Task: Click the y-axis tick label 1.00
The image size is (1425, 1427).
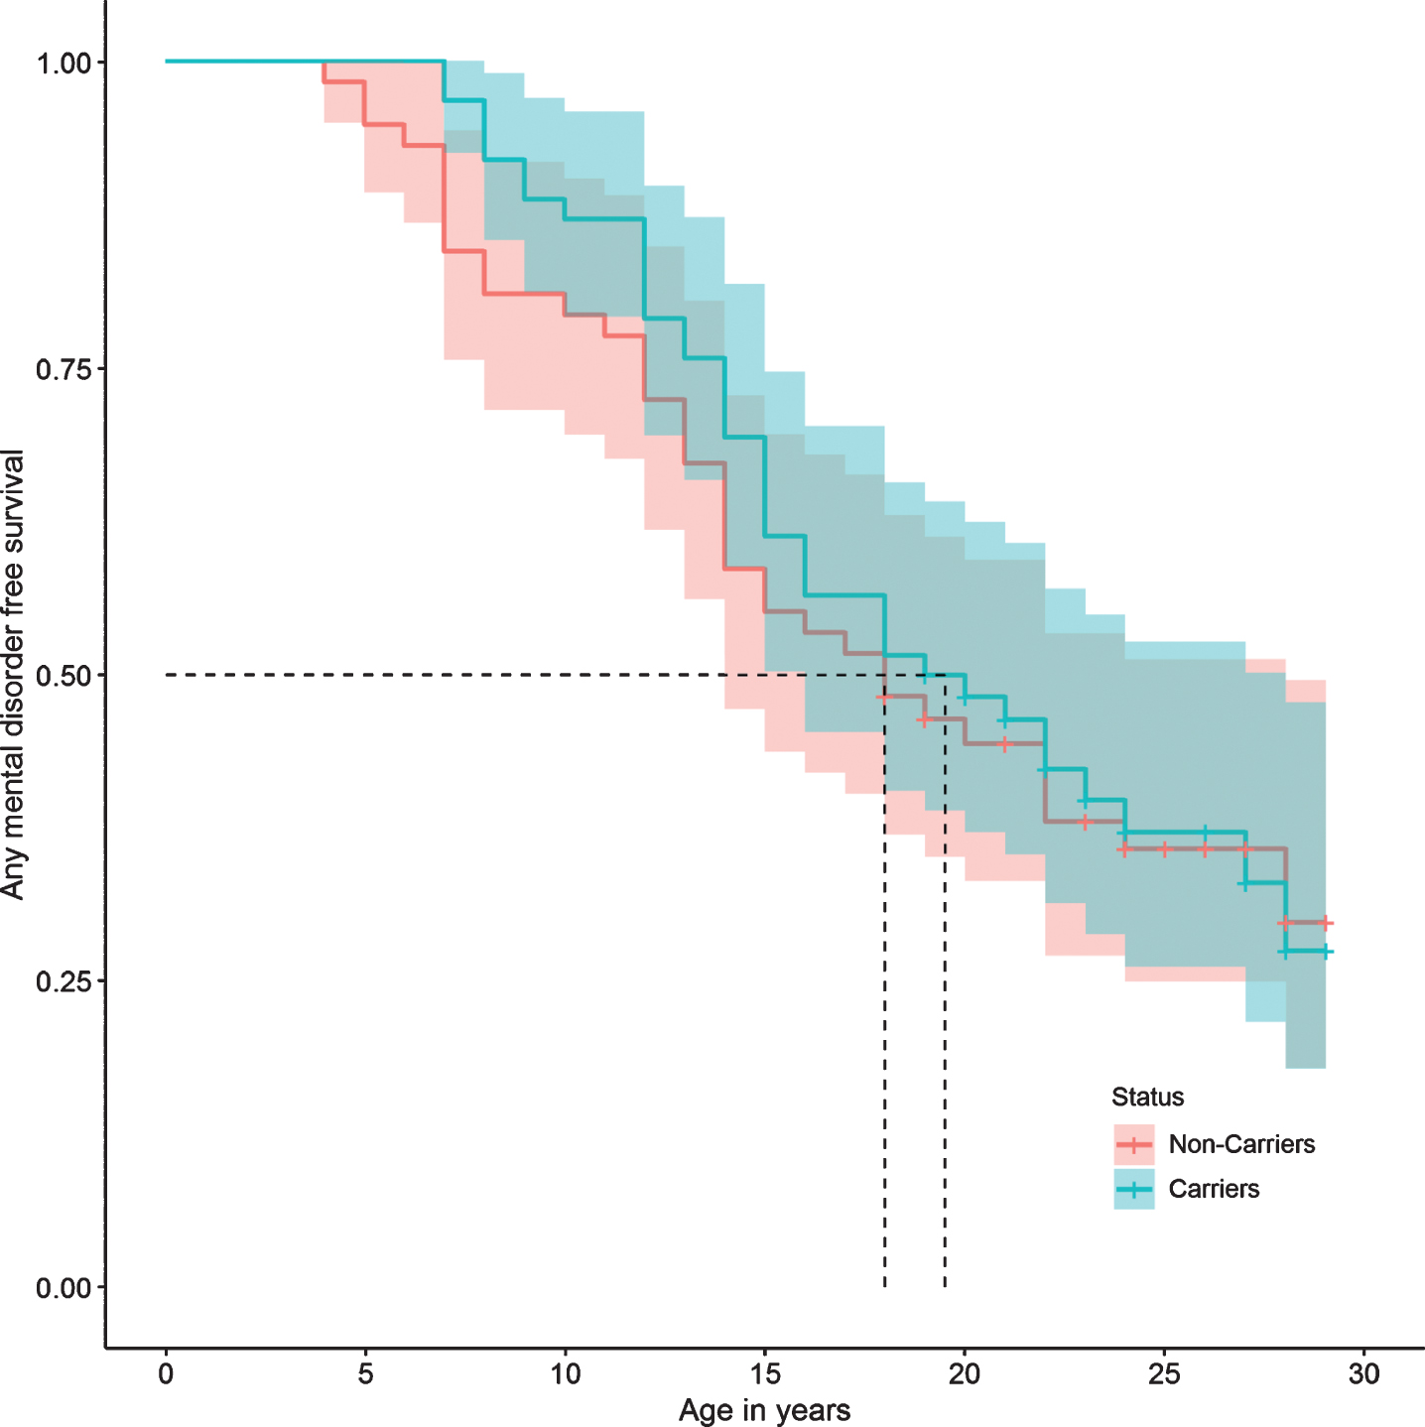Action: pos(64,63)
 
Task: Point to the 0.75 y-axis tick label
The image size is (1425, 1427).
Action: pos(64,369)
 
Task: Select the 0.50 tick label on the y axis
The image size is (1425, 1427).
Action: pos(64,676)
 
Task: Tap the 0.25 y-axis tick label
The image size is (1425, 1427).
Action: pos(64,981)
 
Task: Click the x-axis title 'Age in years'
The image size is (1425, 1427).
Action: pos(764,1411)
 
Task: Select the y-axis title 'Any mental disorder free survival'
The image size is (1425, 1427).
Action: pos(13,675)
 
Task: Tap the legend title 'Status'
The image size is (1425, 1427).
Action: pos(1147,1097)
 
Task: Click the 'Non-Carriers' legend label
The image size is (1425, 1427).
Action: pos(1241,1145)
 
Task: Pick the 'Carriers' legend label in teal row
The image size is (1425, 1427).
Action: pos(1214,1189)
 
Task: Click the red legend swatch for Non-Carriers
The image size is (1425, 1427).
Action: pos(1134,1145)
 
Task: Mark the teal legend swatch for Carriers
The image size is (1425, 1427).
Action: pos(1134,1189)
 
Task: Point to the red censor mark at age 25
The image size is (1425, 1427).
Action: pos(1164,849)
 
